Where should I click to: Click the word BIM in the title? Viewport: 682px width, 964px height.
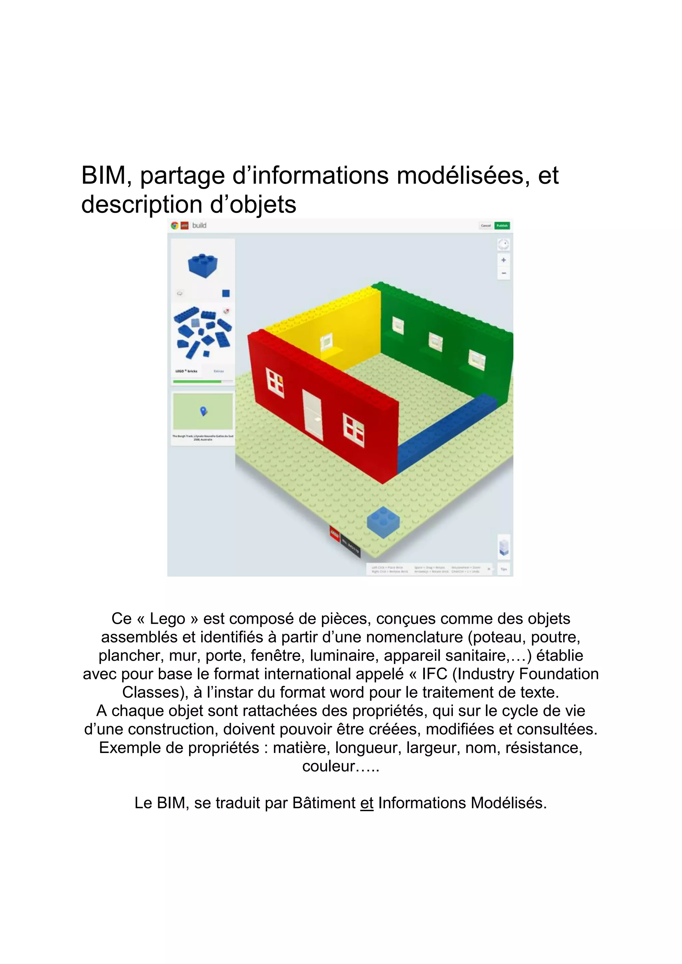[103, 175]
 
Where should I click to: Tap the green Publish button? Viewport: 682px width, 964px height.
[502, 226]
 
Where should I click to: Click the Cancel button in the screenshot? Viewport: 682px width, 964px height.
[486, 226]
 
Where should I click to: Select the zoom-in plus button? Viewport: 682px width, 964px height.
[504, 260]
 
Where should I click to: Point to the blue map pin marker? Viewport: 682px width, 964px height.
[204, 411]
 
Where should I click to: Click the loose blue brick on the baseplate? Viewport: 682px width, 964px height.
[383, 522]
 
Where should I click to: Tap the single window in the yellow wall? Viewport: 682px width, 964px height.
[325, 342]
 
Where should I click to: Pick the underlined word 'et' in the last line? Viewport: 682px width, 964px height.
[367, 803]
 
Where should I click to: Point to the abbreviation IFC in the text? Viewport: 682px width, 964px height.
[435, 674]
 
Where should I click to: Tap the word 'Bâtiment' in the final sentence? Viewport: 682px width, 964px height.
[324, 803]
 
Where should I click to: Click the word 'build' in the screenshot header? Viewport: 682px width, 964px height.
[199, 225]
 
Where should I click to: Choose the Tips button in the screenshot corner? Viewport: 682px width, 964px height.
[504, 569]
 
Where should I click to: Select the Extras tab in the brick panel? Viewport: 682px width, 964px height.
[219, 371]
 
